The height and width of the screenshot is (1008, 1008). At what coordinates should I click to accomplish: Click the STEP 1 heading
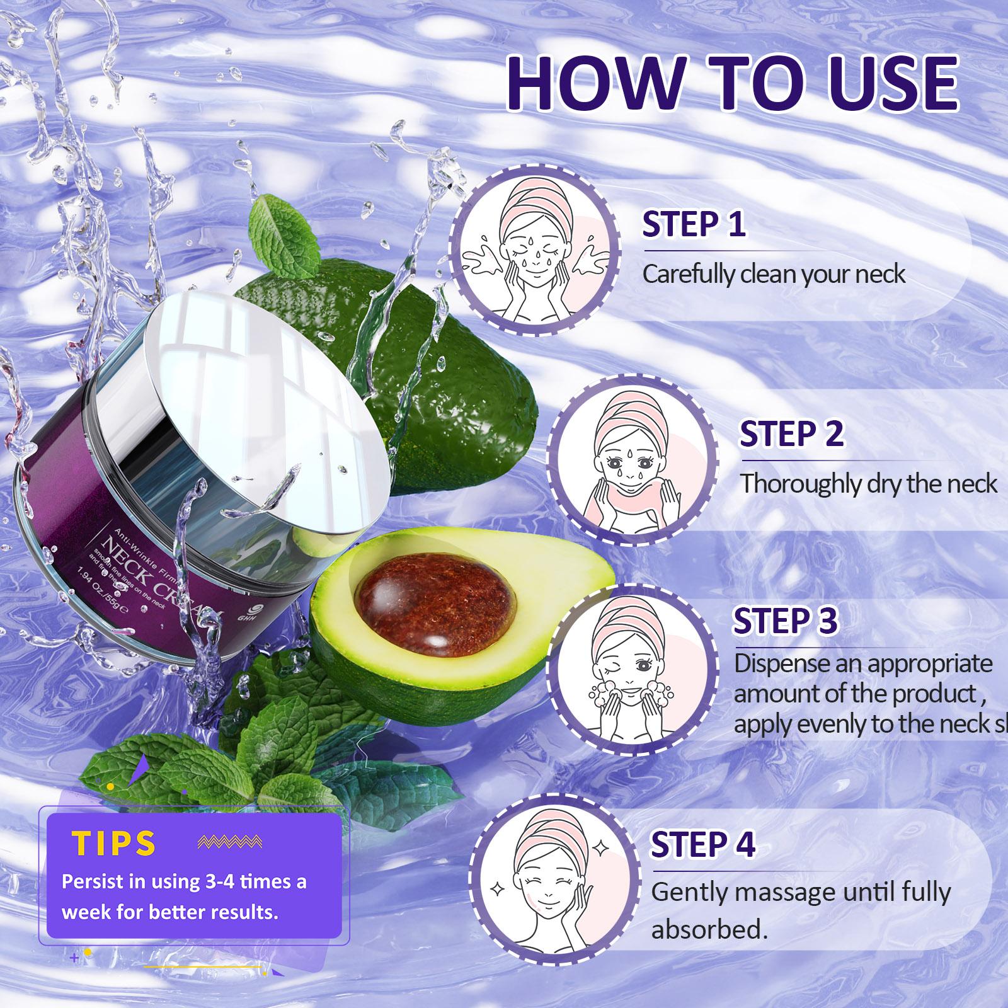tap(694, 224)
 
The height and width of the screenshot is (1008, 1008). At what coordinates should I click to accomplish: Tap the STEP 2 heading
tap(791, 434)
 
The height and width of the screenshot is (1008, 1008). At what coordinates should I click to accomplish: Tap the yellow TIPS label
tap(114, 843)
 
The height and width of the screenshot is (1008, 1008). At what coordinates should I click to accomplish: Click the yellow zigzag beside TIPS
tap(229, 842)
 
